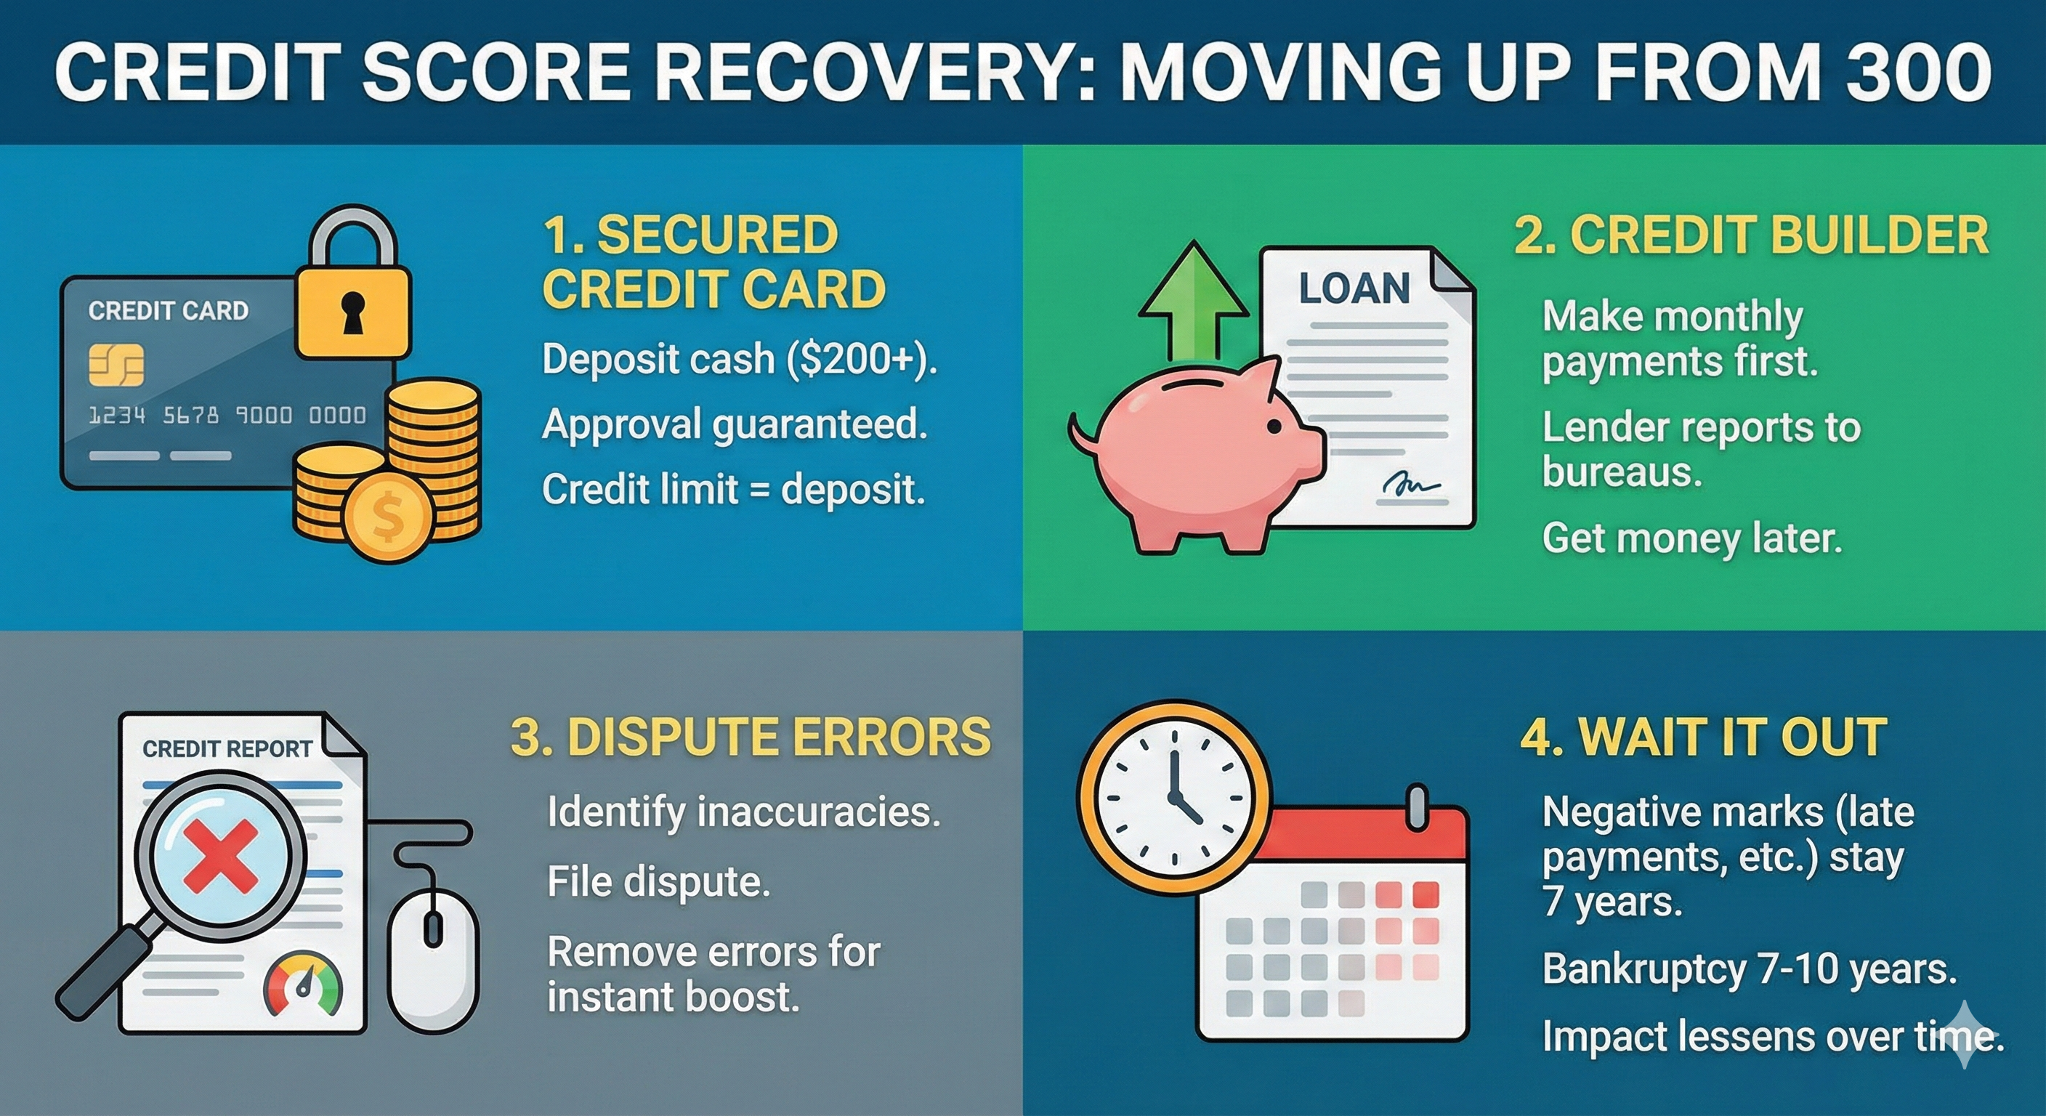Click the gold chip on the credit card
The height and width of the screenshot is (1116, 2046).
116,365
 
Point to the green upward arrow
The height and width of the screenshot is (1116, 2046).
1192,302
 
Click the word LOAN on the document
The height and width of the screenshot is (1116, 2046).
1354,288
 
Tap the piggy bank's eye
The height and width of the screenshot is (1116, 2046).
1273,426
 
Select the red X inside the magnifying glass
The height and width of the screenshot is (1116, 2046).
220,854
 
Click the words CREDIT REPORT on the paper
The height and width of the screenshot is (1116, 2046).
227,748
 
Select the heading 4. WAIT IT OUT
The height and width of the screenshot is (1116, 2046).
1703,737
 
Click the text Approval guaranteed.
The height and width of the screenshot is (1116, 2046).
735,424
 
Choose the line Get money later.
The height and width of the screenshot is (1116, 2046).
1691,538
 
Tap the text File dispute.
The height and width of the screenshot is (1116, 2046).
658,881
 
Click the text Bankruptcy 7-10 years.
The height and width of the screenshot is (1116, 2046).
1749,969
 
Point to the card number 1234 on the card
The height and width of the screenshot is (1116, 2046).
117,415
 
